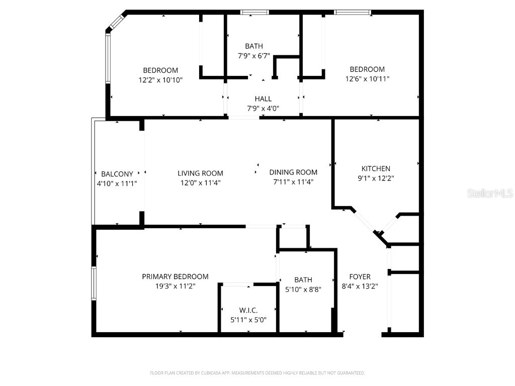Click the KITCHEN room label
tap(376, 169)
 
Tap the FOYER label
tap(360, 277)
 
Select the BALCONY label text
tap(117, 174)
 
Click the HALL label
tap(263, 99)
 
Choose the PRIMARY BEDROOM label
tap(175, 277)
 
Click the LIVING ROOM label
tap(200, 173)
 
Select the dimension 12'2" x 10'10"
tap(160, 79)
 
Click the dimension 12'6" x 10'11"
tap(367, 78)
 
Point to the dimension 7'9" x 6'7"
tap(254, 56)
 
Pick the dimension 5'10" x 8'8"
tap(303, 289)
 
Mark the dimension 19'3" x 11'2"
tap(175, 286)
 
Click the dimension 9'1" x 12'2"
tap(376, 178)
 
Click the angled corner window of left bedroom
tap(116, 22)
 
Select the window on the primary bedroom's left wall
tap(94, 283)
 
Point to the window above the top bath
tap(254, 12)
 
